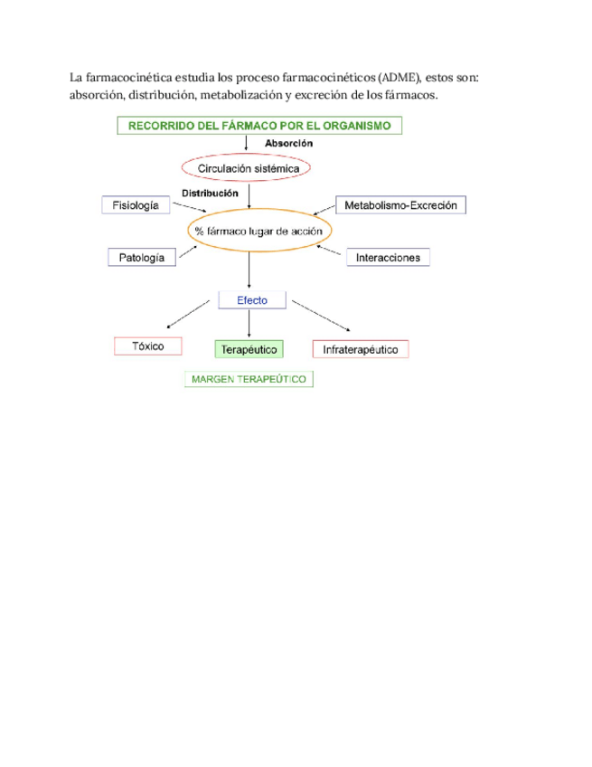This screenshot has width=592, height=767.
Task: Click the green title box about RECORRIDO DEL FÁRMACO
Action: [x=259, y=127]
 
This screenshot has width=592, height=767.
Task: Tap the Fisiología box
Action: [x=136, y=205]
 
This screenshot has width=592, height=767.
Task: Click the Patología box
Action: [x=142, y=258]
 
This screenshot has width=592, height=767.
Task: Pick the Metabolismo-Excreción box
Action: [x=400, y=205]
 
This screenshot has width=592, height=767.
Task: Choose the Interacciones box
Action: [x=388, y=258]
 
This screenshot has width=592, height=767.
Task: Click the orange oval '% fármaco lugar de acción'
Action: [x=258, y=232]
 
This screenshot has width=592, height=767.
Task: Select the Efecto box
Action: [x=252, y=300]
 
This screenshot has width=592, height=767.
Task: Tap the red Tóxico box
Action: [x=148, y=346]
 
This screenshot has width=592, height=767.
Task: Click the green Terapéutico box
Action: [x=249, y=349]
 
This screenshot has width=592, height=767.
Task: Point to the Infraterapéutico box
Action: [x=361, y=349]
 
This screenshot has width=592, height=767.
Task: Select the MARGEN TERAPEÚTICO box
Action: [x=249, y=380]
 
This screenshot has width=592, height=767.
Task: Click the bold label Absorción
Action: [x=288, y=144]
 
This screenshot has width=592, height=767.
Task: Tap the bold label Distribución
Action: [x=210, y=193]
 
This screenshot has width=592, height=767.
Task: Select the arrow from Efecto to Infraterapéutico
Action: [x=321, y=317]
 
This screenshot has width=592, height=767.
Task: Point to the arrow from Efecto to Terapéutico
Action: [x=249, y=324]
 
